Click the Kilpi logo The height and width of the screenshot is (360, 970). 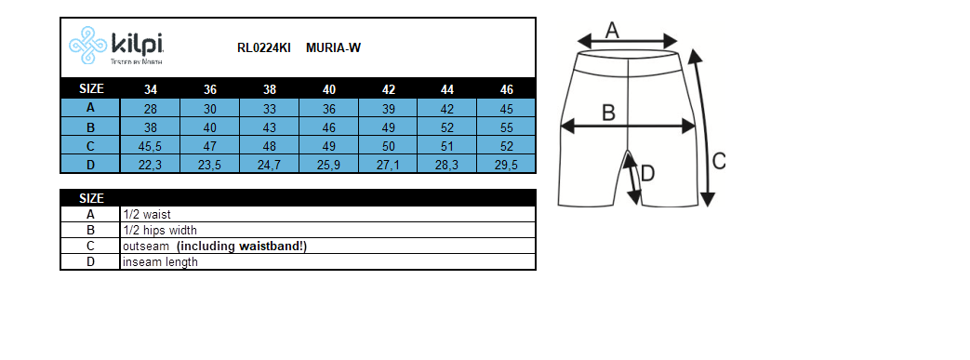(x=117, y=47)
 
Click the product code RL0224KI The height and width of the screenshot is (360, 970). (x=265, y=48)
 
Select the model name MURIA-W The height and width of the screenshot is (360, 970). (x=333, y=48)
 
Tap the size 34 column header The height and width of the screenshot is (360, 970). (x=151, y=89)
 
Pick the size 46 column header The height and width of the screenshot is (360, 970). (x=507, y=89)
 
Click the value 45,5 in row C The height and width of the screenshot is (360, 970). (x=151, y=146)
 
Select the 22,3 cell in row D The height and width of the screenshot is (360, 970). (x=151, y=165)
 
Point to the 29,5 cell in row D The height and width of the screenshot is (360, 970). (x=507, y=165)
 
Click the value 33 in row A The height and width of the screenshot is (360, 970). (x=270, y=109)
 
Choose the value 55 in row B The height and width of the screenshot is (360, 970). (x=507, y=127)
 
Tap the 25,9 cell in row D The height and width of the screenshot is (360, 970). (x=329, y=165)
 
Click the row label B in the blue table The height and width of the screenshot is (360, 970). (x=90, y=127)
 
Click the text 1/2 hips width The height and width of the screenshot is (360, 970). (x=160, y=230)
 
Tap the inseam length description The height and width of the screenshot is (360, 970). (x=160, y=261)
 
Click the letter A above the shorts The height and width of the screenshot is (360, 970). (x=612, y=30)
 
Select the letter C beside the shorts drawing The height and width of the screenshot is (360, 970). (x=718, y=161)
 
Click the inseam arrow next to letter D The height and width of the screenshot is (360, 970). (x=632, y=179)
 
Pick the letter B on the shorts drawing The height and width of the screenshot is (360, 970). (x=608, y=113)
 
